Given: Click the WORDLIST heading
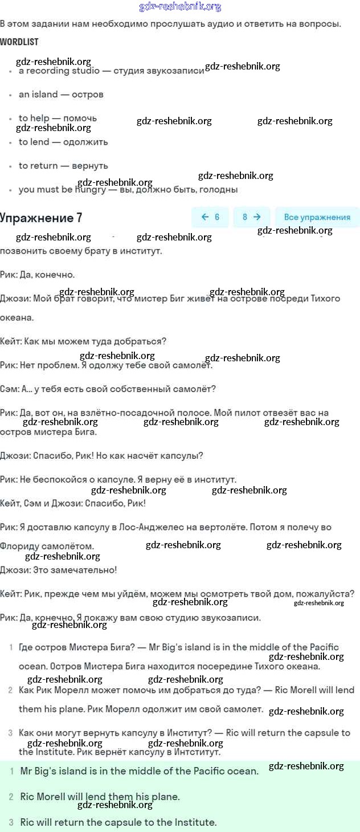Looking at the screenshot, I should (x=19, y=42).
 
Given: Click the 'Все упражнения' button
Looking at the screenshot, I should (x=317, y=217).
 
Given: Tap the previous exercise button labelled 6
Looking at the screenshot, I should (x=210, y=217).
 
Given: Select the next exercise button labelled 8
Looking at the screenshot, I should (x=251, y=217).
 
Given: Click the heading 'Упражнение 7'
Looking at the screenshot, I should (x=41, y=218).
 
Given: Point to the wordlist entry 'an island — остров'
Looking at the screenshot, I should (x=61, y=95).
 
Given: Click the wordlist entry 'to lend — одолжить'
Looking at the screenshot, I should (x=63, y=142).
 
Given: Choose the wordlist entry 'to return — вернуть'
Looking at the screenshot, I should (x=63, y=166).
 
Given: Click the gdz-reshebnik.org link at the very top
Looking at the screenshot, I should (x=180, y=7).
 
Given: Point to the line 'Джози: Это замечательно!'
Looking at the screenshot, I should (x=59, y=570).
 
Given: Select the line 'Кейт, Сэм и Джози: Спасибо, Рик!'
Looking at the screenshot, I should (x=73, y=504).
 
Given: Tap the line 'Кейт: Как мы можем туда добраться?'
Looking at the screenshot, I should (x=83, y=341).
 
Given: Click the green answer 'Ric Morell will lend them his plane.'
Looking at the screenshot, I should (x=100, y=797).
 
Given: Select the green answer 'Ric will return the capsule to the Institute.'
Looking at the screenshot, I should (x=118, y=822).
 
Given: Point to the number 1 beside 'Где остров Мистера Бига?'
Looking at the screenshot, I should (x=11, y=647).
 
